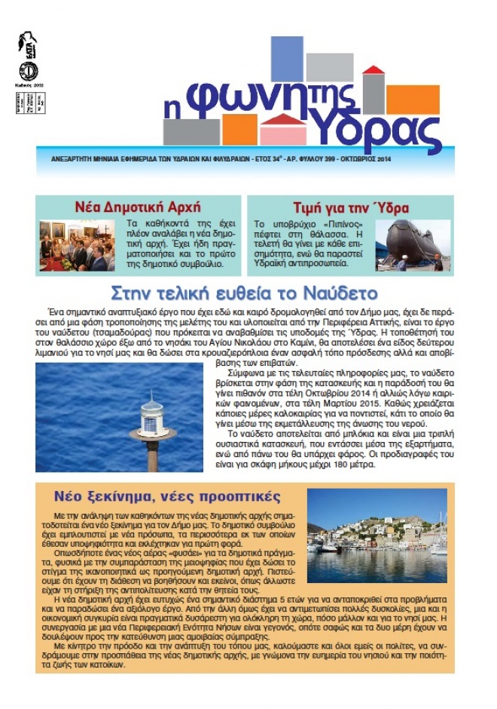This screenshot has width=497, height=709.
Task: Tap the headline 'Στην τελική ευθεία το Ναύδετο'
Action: [x=244, y=293]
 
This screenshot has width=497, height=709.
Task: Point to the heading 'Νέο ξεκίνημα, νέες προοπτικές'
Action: [x=166, y=496]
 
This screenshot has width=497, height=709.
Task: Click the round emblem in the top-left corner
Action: [x=28, y=71]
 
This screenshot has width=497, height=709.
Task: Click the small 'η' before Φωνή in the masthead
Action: [x=172, y=109]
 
